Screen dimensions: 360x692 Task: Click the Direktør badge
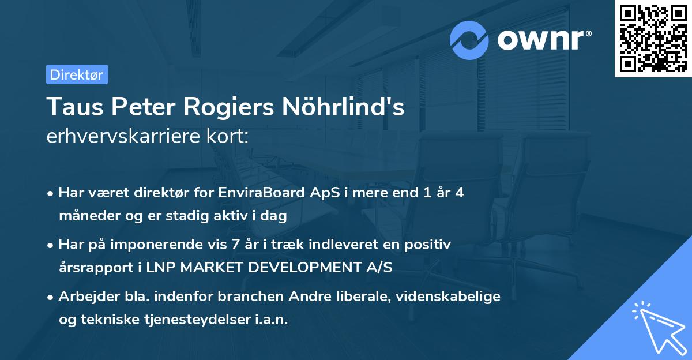[77, 74]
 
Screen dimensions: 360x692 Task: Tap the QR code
[653, 39]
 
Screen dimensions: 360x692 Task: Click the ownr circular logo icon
[469, 40]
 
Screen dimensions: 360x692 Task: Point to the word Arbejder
[85, 297]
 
